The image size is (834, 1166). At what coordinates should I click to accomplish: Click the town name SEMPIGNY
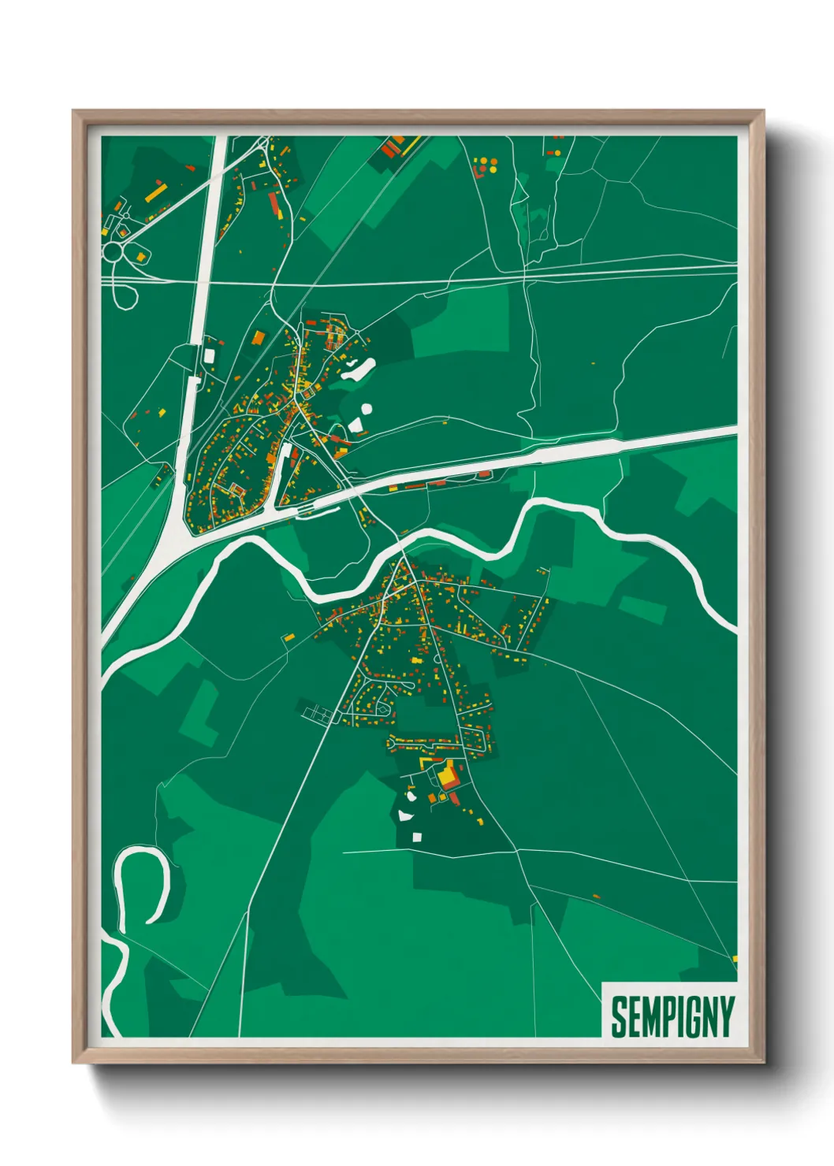point(672,1016)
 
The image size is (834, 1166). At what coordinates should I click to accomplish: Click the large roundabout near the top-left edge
point(113,251)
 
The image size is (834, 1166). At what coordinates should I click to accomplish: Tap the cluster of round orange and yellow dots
point(485,165)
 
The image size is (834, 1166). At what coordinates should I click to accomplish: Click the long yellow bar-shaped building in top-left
point(156,191)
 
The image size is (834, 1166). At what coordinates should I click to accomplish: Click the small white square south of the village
point(417,836)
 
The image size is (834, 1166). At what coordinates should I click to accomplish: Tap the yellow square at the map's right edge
point(735,959)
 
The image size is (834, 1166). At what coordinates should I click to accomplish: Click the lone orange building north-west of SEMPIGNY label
point(596,897)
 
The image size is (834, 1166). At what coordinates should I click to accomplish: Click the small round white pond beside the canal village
point(366,409)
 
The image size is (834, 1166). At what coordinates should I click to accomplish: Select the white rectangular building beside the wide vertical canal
point(209,355)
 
